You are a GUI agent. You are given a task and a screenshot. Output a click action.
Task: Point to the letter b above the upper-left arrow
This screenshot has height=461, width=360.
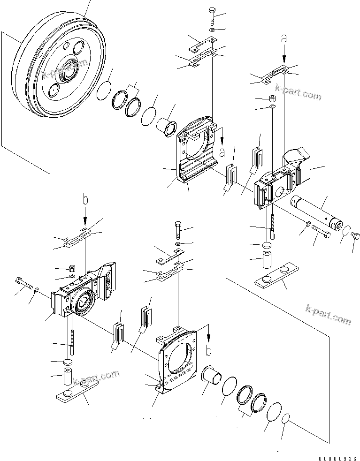[x=85, y=200]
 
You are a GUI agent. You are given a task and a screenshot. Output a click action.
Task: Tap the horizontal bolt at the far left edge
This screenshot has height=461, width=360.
[x=23, y=283]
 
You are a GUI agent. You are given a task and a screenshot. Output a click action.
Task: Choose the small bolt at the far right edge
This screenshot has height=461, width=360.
[x=356, y=235]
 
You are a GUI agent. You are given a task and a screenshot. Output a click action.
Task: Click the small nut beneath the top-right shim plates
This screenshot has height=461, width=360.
[x=272, y=99]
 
